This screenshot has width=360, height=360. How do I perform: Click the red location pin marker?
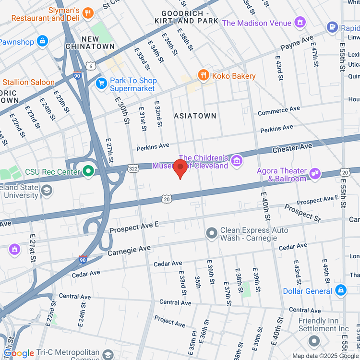[x=180, y=169]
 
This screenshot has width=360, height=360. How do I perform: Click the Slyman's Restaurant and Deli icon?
[x=87, y=13]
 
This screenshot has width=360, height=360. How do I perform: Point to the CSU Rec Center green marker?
[x=88, y=170]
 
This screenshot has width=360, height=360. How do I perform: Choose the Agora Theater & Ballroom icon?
[x=315, y=173]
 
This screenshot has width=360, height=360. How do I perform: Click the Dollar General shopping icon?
[x=340, y=290]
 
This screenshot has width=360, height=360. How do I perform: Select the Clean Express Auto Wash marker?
[x=212, y=234]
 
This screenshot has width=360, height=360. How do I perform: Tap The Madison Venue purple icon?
[x=300, y=22]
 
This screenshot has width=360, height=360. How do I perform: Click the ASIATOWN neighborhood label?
[x=195, y=116]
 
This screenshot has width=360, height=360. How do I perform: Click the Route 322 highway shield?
[x=133, y=168]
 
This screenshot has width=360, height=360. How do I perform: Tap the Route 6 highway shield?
[x=90, y=65]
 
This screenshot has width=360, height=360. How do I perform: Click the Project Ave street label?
[x=169, y=321]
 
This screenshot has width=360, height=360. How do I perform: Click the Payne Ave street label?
[x=297, y=43]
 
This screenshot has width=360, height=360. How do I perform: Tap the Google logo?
[x=19, y=354]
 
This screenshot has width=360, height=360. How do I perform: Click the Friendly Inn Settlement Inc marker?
[x=314, y=340]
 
